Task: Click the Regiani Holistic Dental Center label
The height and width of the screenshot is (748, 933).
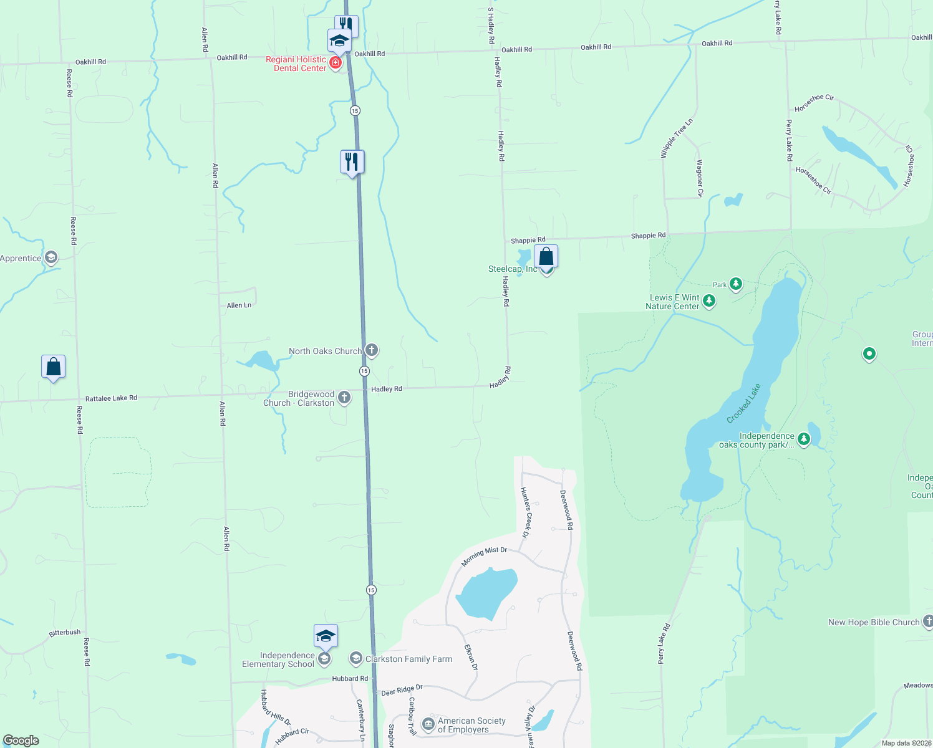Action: [296, 64]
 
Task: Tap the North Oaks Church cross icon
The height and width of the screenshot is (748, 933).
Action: [372, 350]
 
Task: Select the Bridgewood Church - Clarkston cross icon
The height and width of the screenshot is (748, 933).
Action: [344, 397]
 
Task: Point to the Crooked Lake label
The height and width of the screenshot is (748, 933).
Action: [744, 404]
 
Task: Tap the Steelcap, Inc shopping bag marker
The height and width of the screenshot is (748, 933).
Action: [546, 257]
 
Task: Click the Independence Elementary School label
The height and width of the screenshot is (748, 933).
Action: [278, 659]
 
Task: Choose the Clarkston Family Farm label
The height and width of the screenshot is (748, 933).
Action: [409, 659]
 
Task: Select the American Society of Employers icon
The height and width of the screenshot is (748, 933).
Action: [428, 724]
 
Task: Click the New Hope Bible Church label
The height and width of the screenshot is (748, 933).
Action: [874, 622]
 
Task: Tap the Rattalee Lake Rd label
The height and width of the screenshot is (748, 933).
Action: [111, 398]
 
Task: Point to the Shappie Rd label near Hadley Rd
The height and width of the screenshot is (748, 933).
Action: [528, 240]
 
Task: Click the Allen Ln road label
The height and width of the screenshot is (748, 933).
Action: [239, 305]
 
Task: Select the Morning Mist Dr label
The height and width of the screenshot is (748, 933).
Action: [484, 556]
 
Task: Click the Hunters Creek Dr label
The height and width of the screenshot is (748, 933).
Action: [525, 512]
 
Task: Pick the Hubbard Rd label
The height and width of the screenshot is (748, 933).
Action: [350, 678]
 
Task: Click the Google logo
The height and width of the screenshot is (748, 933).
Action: [21, 741]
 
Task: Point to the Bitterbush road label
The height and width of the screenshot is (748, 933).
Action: [65, 633]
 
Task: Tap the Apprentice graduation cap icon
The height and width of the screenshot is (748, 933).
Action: [51, 257]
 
